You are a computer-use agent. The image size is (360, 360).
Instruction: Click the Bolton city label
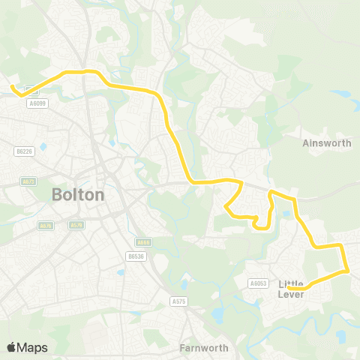click(78, 195)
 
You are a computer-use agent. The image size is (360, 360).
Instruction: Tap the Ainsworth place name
click(326, 142)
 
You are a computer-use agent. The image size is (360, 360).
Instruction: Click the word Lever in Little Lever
click(291, 293)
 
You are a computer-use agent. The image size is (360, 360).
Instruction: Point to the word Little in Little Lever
click(291, 284)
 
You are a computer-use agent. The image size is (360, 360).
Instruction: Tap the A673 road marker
click(28, 181)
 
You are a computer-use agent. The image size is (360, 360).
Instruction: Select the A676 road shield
click(46, 225)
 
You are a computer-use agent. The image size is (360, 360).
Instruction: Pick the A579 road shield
click(76, 225)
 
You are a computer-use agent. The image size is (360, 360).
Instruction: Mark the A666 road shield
click(144, 242)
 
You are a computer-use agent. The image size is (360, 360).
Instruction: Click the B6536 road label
click(136, 256)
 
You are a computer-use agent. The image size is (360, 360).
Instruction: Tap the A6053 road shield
click(258, 283)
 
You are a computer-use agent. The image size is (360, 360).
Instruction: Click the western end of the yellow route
click(13, 87)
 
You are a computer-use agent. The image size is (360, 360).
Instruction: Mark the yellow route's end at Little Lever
click(288, 287)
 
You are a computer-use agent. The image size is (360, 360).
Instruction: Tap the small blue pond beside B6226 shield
click(43, 147)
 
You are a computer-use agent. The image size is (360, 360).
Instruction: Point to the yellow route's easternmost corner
click(349, 271)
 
